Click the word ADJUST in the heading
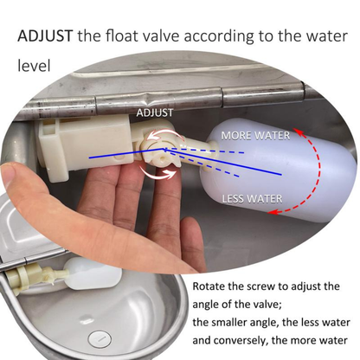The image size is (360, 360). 45,36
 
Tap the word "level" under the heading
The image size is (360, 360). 34,66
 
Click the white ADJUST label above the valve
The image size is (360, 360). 155,112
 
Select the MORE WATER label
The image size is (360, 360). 255,135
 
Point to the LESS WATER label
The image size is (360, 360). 252,199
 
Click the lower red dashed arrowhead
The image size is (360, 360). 273,213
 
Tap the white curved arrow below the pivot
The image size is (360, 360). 157,174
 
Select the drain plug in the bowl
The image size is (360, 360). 100,338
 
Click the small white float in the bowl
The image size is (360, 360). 93,273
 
